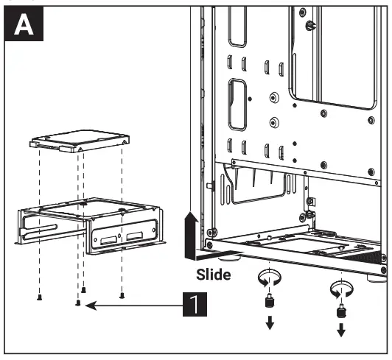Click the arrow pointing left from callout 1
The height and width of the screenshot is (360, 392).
click(133, 303)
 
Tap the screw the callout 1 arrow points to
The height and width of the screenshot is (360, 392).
click(79, 302)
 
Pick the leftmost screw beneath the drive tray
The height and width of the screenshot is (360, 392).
click(38, 297)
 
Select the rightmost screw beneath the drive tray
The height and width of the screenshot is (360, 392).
click(122, 296)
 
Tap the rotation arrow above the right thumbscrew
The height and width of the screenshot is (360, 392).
click(340, 286)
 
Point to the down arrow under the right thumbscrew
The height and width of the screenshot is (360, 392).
click(340, 330)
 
